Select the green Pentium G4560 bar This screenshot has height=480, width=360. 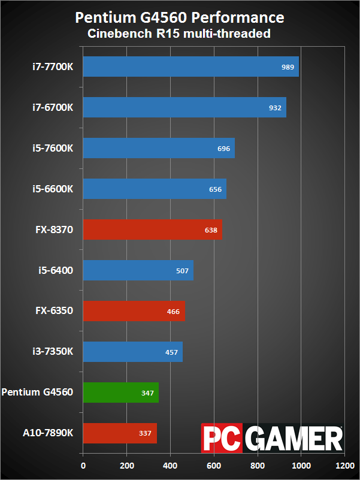click(121, 393)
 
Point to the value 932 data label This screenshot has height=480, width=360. click(275, 108)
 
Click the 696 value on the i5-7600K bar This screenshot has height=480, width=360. click(224, 149)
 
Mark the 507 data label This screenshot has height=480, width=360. click(182, 271)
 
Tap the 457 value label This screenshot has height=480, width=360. click(171, 352)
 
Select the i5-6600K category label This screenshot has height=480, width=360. click(53, 189)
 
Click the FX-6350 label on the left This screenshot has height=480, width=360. click(55, 311)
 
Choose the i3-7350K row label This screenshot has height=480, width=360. click(53, 352)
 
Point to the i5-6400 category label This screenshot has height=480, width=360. click(56, 270)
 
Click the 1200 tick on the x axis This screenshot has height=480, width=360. click(344, 464)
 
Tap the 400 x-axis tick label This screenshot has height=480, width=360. click(170, 464)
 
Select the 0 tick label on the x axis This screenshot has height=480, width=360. click(83, 464)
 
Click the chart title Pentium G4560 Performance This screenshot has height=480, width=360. click(180, 17)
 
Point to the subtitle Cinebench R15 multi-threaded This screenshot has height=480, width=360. click(180, 34)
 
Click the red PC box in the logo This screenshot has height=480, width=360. click(223, 440)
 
